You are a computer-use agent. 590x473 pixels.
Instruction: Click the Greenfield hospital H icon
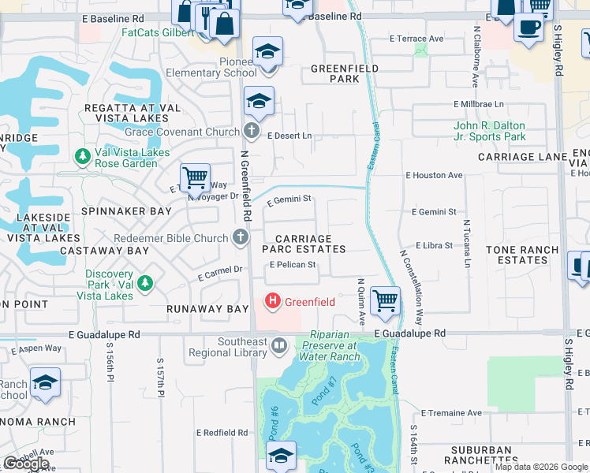pyautogui.click(x=273, y=301)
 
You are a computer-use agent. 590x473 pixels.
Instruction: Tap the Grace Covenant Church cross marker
pyautogui.click(x=251, y=130)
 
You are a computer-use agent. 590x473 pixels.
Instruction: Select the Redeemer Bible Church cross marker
pyautogui.click(x=241, y=236)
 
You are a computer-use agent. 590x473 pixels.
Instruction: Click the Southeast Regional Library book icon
pyautogui.click(x=278, y=345)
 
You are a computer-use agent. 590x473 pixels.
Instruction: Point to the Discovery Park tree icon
pyautogui.click(x=144, y=281)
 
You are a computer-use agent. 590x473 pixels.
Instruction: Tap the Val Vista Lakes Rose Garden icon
pyautogui.click(x=83, y=157)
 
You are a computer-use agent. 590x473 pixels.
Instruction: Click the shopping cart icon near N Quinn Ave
pyautogui.click(x=385, y=300)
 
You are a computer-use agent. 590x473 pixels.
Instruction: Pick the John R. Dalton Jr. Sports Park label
pyautogui.click(x=489, y=131)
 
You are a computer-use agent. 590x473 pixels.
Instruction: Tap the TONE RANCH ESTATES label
pyautogui.click(x=522, y=255)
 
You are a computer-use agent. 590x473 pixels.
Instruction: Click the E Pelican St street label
pyautogui.click(x=293, y=265)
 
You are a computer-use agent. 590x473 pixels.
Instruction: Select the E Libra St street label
pyautogui.click(x=434, y=246)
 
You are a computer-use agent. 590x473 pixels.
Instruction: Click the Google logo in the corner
pyautogui.click(x=25, y=464)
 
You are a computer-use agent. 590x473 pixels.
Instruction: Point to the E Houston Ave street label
pyautogui.click(x=434, y=175)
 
